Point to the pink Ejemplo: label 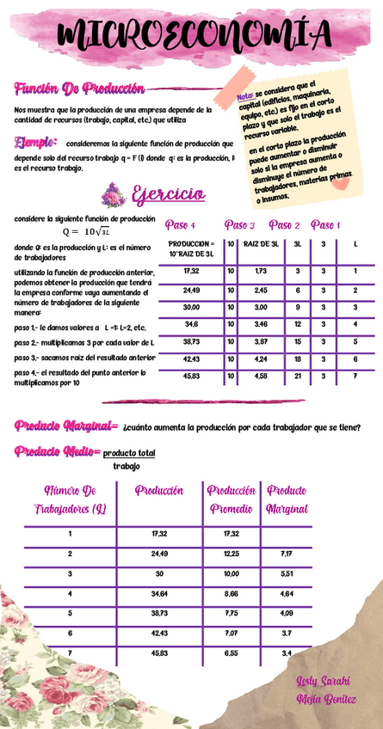coord(36,143)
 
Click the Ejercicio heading coord(168,194)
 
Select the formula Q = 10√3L coord(86,232)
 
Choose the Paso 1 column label coord(324,225)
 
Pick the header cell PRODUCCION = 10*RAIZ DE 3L coord(191,249)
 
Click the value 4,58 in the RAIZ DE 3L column coord(261,376)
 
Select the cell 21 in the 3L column coord(297,376)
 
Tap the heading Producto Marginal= coord(65,426)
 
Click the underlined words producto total coord(129,453)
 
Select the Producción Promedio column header coord(231,499)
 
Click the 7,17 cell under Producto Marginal coord(287,553)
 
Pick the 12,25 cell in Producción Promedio coord(231,553)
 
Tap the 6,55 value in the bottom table coord(231,653)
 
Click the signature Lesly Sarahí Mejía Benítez coord(325,689)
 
